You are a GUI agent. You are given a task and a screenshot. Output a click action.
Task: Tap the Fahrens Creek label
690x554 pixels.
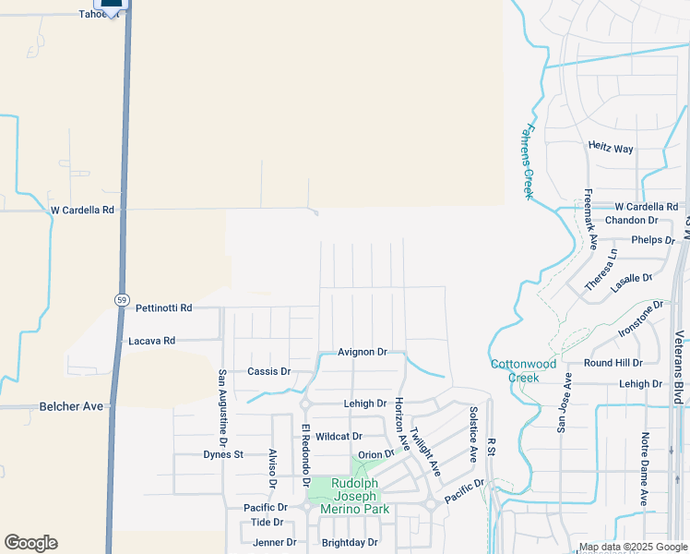pos(529,162)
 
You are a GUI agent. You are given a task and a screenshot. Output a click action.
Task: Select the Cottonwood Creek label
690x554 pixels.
pos(523,369)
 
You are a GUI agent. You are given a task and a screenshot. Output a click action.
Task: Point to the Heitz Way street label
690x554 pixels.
pos(611,148)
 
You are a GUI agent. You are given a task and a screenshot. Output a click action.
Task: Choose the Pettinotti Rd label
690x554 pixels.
pos(163,307)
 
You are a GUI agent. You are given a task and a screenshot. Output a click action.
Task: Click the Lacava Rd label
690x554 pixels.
pos(151,341)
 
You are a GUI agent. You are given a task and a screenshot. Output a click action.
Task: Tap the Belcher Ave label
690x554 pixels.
pos(72,406)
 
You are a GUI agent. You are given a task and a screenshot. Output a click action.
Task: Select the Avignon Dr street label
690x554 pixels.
pos(362,352)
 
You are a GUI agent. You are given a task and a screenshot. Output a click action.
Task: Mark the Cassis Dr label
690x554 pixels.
pos(268,371)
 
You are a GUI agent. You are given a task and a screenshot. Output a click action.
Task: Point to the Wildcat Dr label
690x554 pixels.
pos(339,436)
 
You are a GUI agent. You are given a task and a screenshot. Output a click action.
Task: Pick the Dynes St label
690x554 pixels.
pos(222,454)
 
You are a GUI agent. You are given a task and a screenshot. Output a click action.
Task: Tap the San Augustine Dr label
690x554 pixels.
pos(221,403)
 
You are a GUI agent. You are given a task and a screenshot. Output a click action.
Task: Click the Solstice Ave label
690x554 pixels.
pos(473,434)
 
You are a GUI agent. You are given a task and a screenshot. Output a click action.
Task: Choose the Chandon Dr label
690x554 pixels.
pos(631,221)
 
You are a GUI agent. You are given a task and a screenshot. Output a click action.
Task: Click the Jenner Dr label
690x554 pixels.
pos(275,543)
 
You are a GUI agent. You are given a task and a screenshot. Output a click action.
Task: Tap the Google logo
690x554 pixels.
pos(30,543)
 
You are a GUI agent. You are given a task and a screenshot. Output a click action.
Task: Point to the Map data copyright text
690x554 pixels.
pos(634,547)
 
